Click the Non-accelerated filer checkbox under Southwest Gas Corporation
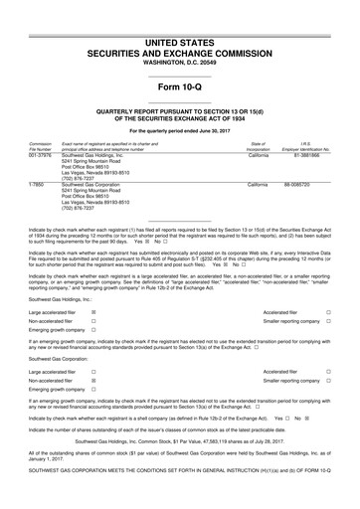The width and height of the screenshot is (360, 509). pos(92,408)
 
